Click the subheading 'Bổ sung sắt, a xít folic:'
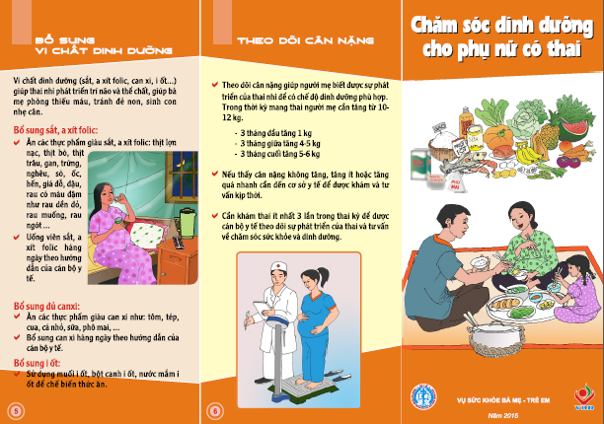tap(55, 129)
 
